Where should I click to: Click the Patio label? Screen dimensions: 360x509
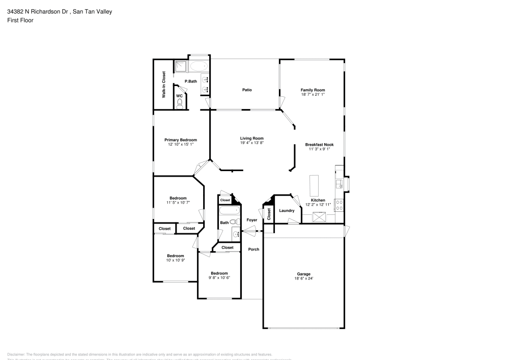point(247,90)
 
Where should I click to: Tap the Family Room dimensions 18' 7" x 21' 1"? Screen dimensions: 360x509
point(313,95)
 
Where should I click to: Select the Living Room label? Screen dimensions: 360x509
point(251,138)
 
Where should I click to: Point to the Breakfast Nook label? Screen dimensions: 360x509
point(319,145)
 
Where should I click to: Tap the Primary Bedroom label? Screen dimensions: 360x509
point(180,140)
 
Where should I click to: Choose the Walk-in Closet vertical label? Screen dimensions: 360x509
point(164,85)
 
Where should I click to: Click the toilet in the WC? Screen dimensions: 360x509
point(179,103)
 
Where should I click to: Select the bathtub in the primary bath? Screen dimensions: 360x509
point(199,66)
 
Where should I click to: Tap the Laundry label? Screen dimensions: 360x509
point(287,210)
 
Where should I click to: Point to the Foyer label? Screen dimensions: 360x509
point(252,220)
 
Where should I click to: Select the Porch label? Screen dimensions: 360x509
point(253,249)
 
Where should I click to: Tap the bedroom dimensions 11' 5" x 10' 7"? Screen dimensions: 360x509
point(178,203)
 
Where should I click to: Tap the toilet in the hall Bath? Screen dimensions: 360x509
point(234,221)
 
